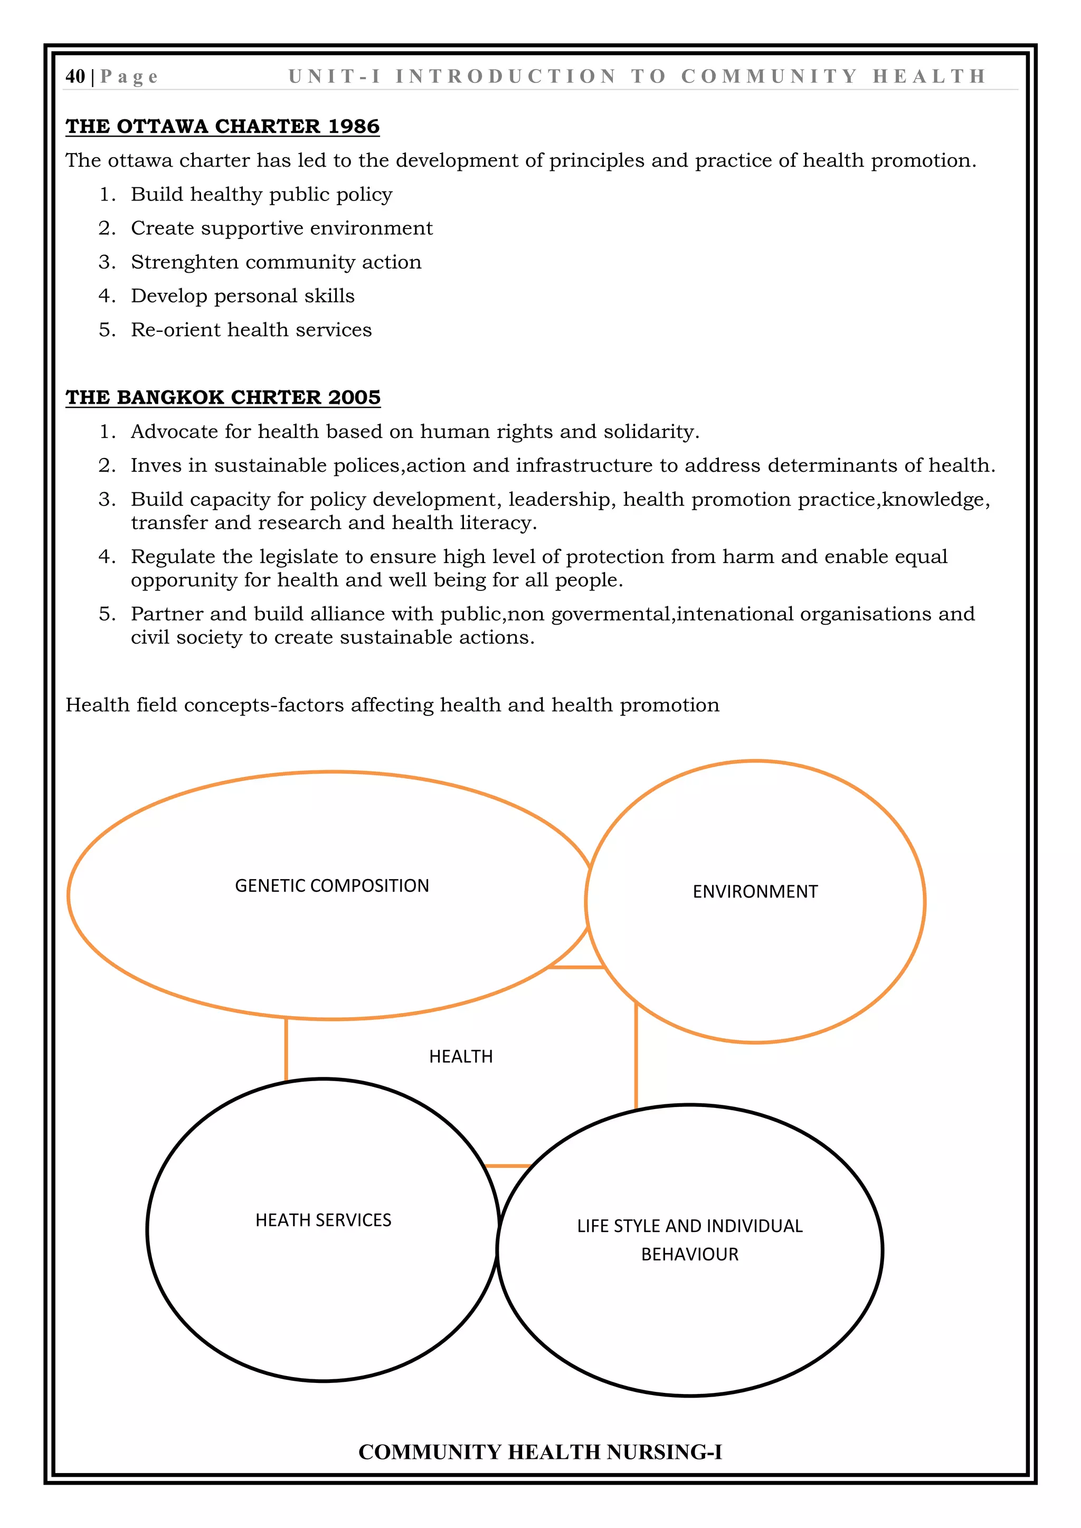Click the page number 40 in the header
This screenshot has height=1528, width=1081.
75,77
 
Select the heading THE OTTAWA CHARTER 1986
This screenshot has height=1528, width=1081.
222,127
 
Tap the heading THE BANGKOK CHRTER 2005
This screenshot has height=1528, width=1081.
223,397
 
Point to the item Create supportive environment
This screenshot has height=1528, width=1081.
281,228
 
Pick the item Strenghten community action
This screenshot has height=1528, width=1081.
276,262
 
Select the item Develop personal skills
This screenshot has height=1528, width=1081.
242,295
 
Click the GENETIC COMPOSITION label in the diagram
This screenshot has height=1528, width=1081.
331,886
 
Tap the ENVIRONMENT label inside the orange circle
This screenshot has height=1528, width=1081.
755,892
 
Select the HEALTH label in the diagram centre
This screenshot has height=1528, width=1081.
461,1057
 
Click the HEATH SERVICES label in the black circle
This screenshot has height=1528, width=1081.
323,1220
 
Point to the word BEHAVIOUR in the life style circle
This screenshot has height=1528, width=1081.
689,1255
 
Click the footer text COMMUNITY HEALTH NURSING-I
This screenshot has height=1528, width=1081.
540,1452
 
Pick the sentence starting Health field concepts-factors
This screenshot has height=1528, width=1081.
392,705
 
